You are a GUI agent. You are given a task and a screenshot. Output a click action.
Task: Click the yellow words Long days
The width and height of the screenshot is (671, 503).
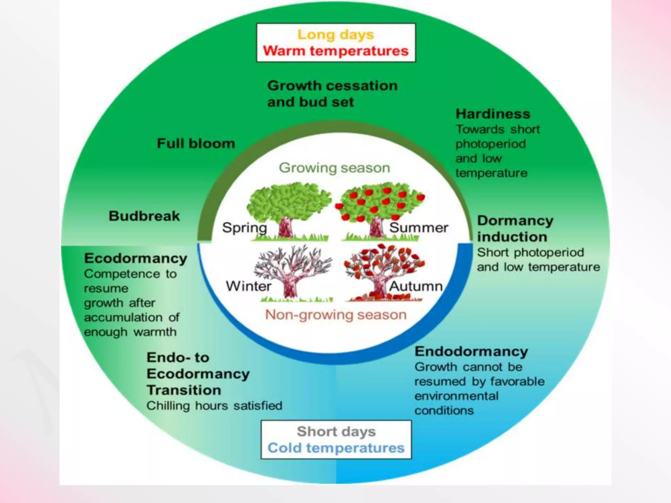[x=335, y=35]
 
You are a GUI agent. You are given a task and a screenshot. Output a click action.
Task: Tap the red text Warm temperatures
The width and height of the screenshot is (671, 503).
[x=335, y=51]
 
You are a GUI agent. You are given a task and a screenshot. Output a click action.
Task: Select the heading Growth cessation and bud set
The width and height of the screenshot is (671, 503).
[x=332, y=94]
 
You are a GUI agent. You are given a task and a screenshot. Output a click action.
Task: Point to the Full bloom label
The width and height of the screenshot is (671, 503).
[x=196, y=143]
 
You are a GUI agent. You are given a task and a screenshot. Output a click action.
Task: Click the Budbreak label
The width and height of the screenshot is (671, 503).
[x=144, y=216]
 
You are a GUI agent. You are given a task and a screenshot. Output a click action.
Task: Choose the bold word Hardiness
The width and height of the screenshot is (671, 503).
[x=493, y=114]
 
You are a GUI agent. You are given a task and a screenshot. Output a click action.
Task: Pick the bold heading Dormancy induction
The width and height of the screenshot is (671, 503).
[x=515, y=229]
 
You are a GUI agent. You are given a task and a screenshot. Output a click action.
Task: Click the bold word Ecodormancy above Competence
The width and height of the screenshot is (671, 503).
[x=136, y=258]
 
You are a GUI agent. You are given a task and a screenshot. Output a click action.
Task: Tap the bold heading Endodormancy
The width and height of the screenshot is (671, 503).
[x=471, y=351]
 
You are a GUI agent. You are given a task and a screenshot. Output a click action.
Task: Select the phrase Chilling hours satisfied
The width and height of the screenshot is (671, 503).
[x=214, y=406]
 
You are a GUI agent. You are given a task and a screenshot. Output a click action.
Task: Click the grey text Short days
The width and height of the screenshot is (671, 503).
[x=336, y=431]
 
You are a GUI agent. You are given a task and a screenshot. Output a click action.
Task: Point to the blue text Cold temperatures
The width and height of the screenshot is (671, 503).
[x=336, y=448]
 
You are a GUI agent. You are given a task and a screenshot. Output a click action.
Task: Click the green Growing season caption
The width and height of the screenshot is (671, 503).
[x=334, y=168]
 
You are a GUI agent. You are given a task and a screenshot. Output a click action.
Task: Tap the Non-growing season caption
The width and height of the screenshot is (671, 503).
[x=335, y=315]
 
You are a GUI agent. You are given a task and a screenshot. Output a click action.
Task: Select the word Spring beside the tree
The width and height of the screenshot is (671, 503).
[x=244, y=228]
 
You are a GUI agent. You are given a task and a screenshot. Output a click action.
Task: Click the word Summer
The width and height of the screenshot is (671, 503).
[x=418, y=228]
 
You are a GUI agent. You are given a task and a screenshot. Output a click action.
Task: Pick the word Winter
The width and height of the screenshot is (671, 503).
[x=248, y=286]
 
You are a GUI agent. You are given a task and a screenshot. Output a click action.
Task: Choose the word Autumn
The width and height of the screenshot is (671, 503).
[x=416, y=286]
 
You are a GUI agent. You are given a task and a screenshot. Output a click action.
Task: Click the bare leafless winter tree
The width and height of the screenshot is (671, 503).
[x=292, y=272]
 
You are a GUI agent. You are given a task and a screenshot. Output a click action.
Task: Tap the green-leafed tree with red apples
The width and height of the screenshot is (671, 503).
[x=380, y=206]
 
